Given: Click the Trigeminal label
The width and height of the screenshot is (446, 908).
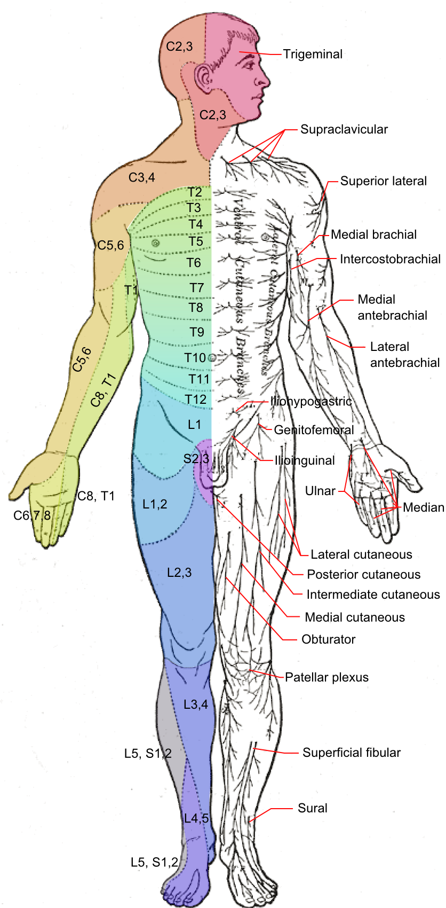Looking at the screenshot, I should click(313, 54).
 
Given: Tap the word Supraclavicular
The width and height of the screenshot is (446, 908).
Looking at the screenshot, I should click(344, 129).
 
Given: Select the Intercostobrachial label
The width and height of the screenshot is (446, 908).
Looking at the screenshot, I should click(390, 259).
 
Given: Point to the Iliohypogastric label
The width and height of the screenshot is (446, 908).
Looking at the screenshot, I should click(310, 401).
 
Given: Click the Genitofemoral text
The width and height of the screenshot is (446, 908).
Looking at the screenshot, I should click(314, 430).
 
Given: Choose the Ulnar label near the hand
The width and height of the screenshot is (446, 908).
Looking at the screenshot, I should click(320, 491).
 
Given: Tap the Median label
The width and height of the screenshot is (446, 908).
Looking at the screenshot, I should click(423, 507).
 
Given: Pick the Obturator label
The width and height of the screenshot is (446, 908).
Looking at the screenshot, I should click(328, 639).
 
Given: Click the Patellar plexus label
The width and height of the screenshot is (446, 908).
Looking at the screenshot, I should click(326, 677).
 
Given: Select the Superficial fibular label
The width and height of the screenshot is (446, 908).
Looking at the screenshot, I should click(351, 753).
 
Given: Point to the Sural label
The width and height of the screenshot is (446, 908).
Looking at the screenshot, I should click(313, 808).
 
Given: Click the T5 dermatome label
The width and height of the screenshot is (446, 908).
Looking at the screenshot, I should click(196, 241).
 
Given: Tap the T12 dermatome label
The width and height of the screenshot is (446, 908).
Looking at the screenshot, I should click(195, 400).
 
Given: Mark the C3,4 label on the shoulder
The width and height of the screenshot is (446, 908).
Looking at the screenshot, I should click(141, 177).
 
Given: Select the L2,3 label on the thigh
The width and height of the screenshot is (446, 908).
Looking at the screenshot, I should click(179, 573).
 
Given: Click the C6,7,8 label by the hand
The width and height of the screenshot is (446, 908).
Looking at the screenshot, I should click(32, 515).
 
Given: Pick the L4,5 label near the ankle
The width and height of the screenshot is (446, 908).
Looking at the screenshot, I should click(196, 818).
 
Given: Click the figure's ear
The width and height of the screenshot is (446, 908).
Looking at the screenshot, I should click(203, 78).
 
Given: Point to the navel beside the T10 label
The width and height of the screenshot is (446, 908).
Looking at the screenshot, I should click(212, 358).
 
